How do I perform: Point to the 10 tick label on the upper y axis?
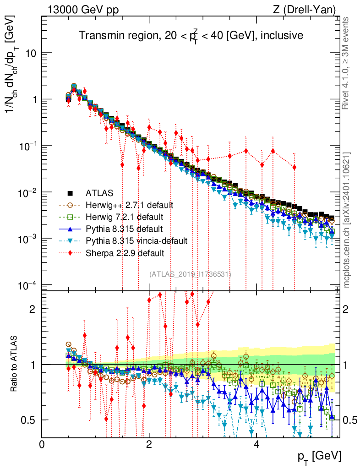31,53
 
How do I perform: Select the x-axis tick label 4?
256,444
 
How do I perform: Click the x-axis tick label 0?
42,444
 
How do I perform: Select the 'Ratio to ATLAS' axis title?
15,365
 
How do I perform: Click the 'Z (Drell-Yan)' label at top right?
309,9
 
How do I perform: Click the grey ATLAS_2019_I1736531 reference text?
190,274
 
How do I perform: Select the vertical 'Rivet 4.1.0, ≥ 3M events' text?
346,63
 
